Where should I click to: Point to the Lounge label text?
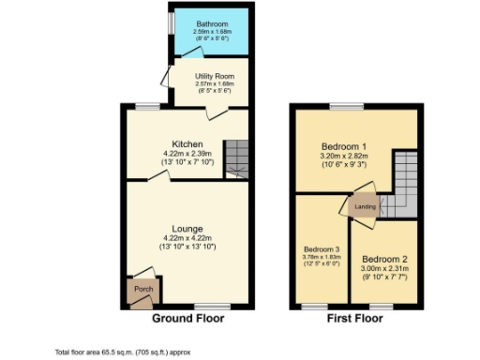point(187,228)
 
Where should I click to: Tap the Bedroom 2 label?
point(383,258)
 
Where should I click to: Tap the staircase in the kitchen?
point(237,157)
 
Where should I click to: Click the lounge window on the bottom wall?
point(212,306)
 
